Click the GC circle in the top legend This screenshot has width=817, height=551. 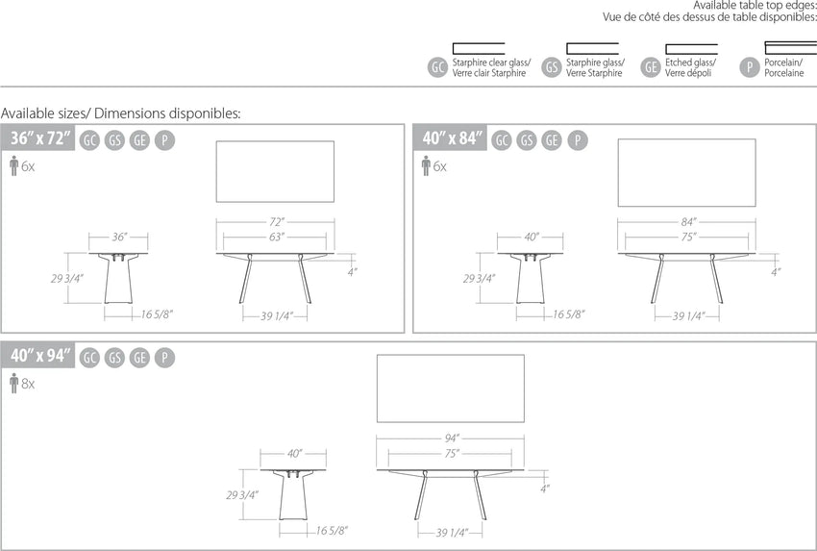point(437,67)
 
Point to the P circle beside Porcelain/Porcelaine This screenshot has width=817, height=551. point(750,67)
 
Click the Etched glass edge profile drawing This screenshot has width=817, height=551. point(691,49)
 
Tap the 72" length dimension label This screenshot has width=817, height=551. point(276,222)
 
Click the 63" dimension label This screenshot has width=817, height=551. point(276,238)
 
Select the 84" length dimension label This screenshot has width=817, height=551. point(688,222)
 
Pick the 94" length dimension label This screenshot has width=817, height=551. point(452,438)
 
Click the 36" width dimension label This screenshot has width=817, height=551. point(119,238)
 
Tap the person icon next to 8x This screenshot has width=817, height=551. point(14,383)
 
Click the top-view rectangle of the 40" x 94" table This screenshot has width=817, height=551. point(451,388)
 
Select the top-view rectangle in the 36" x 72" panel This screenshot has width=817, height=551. point(275,171)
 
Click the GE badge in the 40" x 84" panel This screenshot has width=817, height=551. point(552,140)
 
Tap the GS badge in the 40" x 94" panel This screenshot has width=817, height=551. point(114,358)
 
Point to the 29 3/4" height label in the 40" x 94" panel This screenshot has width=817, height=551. point(242,495)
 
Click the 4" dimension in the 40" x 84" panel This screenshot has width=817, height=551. point(776,272)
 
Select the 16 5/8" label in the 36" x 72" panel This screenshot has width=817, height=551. point(157,314)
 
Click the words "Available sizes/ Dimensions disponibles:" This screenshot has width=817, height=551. point(121,113)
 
